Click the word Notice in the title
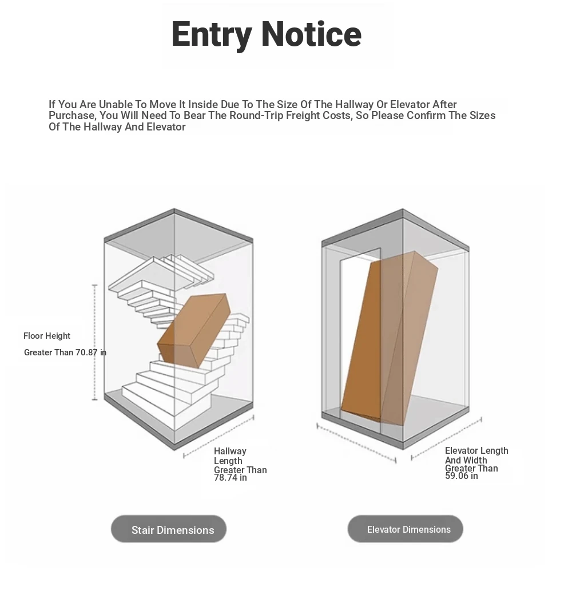click(311, 34)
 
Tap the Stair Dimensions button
click(169, 529)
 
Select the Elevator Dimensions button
click(405, 529)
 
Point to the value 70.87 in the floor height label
click(86, 352)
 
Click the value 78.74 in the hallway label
click(226, 478)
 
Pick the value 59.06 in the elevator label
click(457, 476)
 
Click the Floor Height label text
click(46, 336)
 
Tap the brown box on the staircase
click(193, 331)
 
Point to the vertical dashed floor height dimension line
click(95, 343)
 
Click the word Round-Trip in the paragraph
click(256, 116)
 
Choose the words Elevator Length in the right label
click(476, 451)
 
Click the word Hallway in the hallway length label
click(230, 451)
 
